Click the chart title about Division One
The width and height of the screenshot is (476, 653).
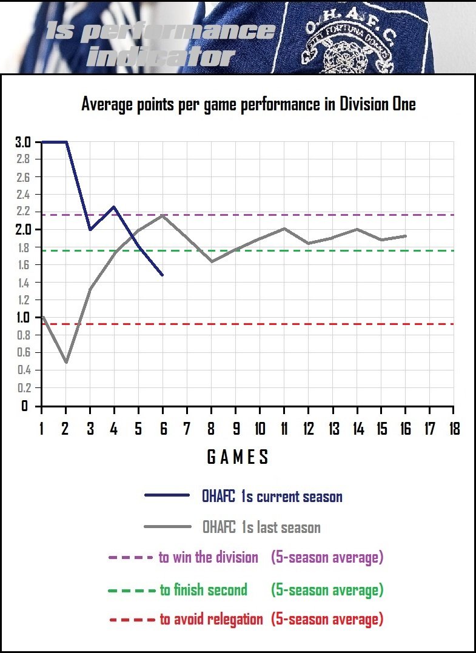(x=249, y=104)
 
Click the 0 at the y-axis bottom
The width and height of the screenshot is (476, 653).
(x=25, y=406)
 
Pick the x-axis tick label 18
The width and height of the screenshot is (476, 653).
(x=453, y=429)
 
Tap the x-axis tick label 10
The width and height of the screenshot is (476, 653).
(x=260, y=429)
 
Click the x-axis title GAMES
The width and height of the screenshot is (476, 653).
(x=238, y=457)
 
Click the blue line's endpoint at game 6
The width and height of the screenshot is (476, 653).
(x=163, y=275)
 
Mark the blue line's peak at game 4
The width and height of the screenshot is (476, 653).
(x=114, y=207)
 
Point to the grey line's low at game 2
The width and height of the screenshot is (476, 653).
(x=65, y=362)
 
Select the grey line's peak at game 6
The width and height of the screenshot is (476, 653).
(x=163, y=215)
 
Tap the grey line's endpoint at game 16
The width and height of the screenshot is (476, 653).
(x=405, y=236)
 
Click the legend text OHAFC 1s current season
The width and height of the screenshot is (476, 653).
(x=272, y=497)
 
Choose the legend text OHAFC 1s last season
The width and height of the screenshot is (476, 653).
(x=261, y=527)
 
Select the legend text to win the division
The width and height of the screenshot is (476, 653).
(x=209, y=557)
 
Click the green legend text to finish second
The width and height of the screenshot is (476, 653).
(x=204, y=589)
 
